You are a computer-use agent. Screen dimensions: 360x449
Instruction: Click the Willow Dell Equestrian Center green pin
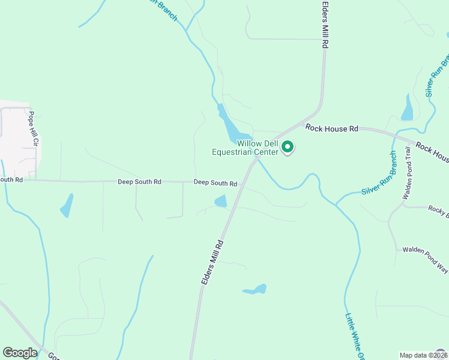click(288, 146)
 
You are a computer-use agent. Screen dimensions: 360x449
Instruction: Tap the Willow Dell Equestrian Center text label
click(249, 148)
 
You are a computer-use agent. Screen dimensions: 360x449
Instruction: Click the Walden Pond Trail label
click(406, 175)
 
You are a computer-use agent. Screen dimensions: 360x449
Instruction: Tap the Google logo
click(20, 353)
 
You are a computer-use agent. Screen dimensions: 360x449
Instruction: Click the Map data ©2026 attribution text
click(415, 355)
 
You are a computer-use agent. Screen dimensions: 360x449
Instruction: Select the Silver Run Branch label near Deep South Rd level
click(379, 174)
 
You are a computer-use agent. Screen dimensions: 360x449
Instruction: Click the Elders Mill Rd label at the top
click(325, 25)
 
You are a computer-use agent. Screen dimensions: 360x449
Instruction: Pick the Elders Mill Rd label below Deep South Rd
click(212, 262)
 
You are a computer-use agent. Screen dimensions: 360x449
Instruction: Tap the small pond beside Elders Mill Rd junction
click(221, 201)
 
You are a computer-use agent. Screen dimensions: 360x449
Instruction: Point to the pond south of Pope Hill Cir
click(67, 206)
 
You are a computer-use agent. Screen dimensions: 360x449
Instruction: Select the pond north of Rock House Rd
click(408, 108)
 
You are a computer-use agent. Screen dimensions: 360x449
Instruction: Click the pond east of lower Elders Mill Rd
click(255, 290)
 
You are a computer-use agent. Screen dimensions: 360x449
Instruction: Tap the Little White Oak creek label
click(355, 336)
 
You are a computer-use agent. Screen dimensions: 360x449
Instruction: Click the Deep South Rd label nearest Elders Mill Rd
click(215, 183)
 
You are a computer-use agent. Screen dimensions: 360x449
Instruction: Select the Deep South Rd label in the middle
click(139, 181)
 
